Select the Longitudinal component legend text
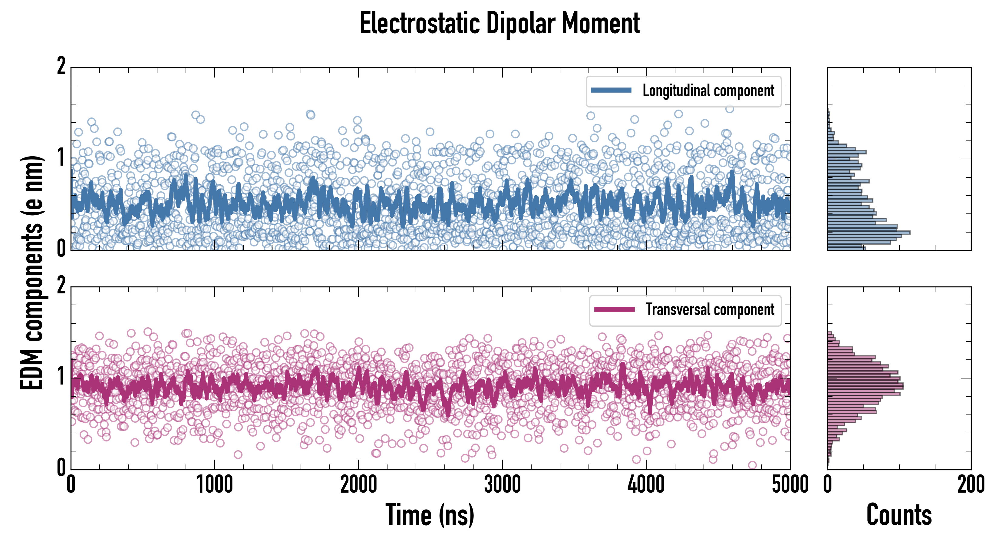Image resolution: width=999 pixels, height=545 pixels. coord(708,91)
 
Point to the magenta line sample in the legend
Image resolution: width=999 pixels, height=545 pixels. coord(614,309)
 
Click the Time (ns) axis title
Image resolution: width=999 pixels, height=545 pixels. coord(430,515)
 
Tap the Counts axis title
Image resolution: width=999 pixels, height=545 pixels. coord(899,515)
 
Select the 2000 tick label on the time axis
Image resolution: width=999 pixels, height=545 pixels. coord(359,485)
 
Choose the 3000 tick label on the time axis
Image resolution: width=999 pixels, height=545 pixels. coord(503,485)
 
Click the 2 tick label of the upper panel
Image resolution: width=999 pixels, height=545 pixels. coord(61,67)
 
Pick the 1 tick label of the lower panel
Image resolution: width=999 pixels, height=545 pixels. coord(61,376)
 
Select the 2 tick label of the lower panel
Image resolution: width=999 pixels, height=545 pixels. coord(61,286)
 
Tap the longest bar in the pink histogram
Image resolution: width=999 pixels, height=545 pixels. coord(865,386)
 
